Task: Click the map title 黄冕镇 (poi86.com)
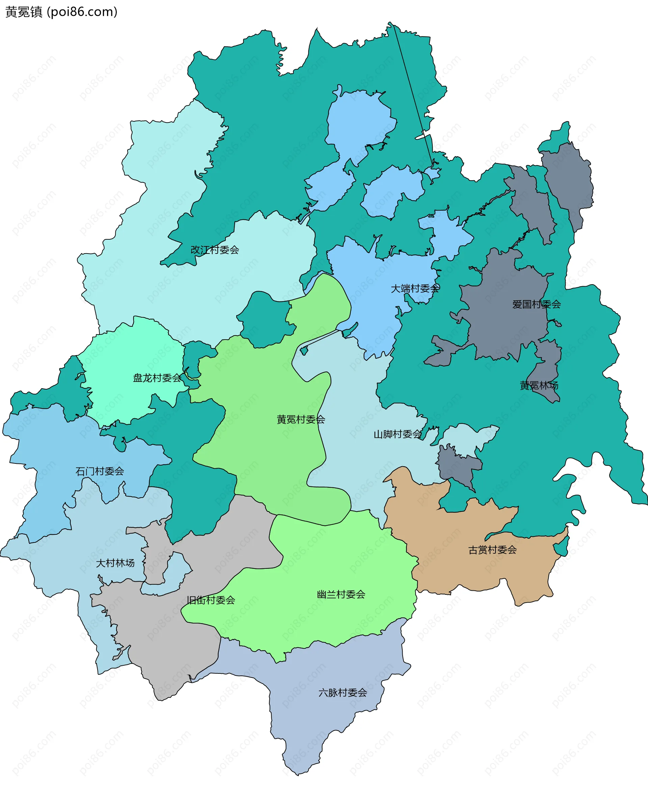(61, 12)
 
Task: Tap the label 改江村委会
(215, 250)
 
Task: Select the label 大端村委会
(415, 289)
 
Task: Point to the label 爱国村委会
(536, 304)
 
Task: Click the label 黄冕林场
(539, 385)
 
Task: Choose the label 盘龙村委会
(157, 378)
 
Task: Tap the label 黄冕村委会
(300, 420)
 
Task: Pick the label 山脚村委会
(398, 434)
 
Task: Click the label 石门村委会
(100, 472)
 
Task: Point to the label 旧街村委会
(211, 600)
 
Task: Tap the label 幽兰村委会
(341, 594)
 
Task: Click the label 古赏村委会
(492, 550)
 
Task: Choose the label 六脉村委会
(342, 693)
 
